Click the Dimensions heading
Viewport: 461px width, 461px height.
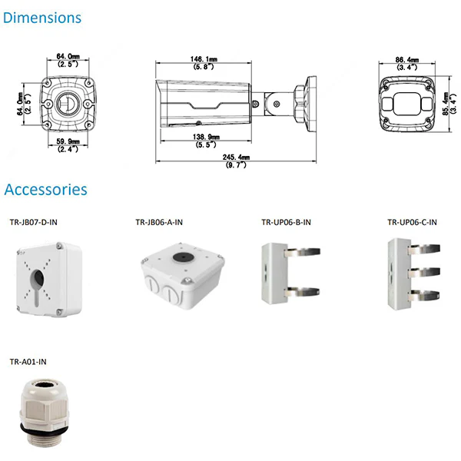tap(42, 18)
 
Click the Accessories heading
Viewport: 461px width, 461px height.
tap(45, 189)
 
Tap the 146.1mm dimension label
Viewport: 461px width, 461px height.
tap(204, 59)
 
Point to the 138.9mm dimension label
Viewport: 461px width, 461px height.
tap(206, 137)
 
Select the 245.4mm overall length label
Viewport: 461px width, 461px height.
tap(236, 158)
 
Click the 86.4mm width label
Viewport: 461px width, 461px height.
tap(407, 60)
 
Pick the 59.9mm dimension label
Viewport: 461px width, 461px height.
tap(68, 141)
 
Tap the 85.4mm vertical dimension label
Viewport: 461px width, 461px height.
tap(446, 104)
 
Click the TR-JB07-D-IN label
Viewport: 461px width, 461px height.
tap(34, 222)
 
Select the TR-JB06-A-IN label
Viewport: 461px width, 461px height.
tap(159, 222)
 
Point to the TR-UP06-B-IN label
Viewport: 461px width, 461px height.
tap(286, 222)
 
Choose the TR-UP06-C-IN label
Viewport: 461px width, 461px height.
tap(412, 222)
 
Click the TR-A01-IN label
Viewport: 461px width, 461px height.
tap(28, 362)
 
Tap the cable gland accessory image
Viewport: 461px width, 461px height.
tap(44, 413)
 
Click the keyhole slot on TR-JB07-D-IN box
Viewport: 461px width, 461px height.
tap(38, 286)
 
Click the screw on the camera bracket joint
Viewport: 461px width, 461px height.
tap(277, 104)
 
